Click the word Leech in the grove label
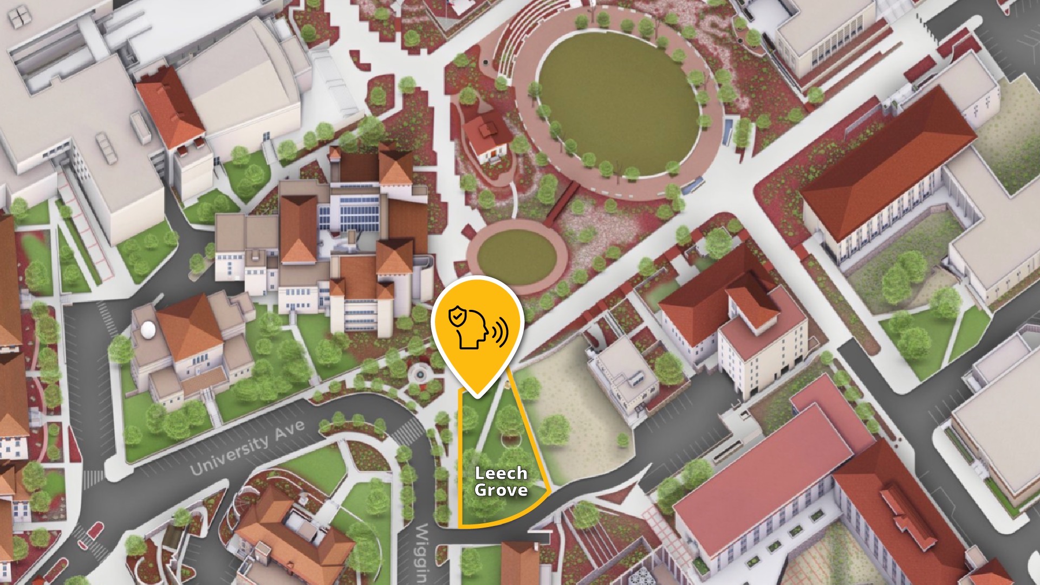pos(500,473)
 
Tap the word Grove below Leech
pos(500,490)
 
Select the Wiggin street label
pos(421,552)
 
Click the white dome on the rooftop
pos(147,328)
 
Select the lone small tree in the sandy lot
pos(623,439)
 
